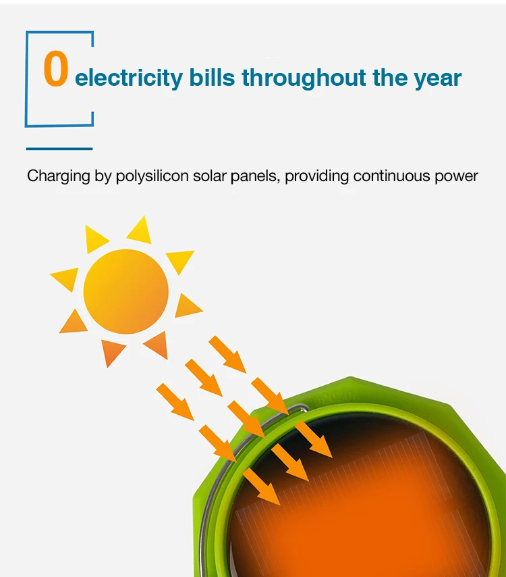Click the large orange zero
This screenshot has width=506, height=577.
click(x=56, y=68)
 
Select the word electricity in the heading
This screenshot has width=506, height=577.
click(x=129, y=78)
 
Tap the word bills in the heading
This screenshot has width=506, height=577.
click(x=212, y=77)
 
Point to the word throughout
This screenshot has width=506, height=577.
click(x=304, y=78)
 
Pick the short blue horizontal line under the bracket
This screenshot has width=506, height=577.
click(x=59, y=149)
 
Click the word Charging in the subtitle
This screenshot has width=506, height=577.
click(x=59, y=176)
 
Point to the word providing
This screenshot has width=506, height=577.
click(x=316, y=176)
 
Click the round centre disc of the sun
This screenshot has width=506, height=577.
click(x=126, y=291)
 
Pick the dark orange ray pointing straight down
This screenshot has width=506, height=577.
click(x=111, y=351)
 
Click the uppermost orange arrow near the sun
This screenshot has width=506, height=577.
click(x=227, y=354)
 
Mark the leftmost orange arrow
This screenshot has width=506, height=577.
click(x=175, y=401)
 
